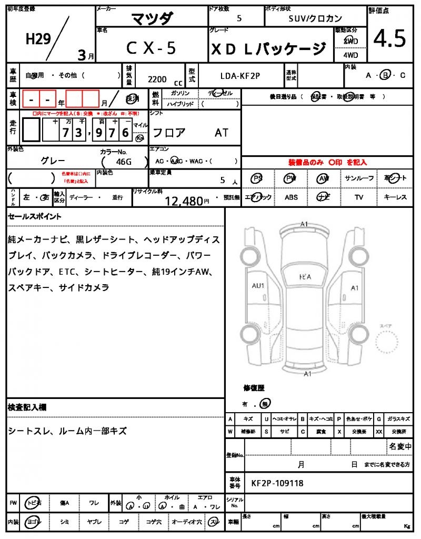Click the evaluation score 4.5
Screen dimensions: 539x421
coord(390,39)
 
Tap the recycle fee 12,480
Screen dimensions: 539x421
coord(184,201)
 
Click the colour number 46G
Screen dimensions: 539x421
coord(123,162)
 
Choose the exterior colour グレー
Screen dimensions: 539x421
coord(53,161)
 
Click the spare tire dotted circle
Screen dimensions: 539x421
coord(390,345)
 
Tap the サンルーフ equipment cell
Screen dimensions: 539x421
coord(359,178)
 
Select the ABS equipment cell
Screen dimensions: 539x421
coord(291,197)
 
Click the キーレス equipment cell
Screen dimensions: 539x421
coord(395,197)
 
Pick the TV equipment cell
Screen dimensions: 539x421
coord(359,197)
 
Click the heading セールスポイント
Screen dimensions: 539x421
coord(35,216)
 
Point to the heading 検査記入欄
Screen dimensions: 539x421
coord(27,407)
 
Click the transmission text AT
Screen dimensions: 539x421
coord(222,133)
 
